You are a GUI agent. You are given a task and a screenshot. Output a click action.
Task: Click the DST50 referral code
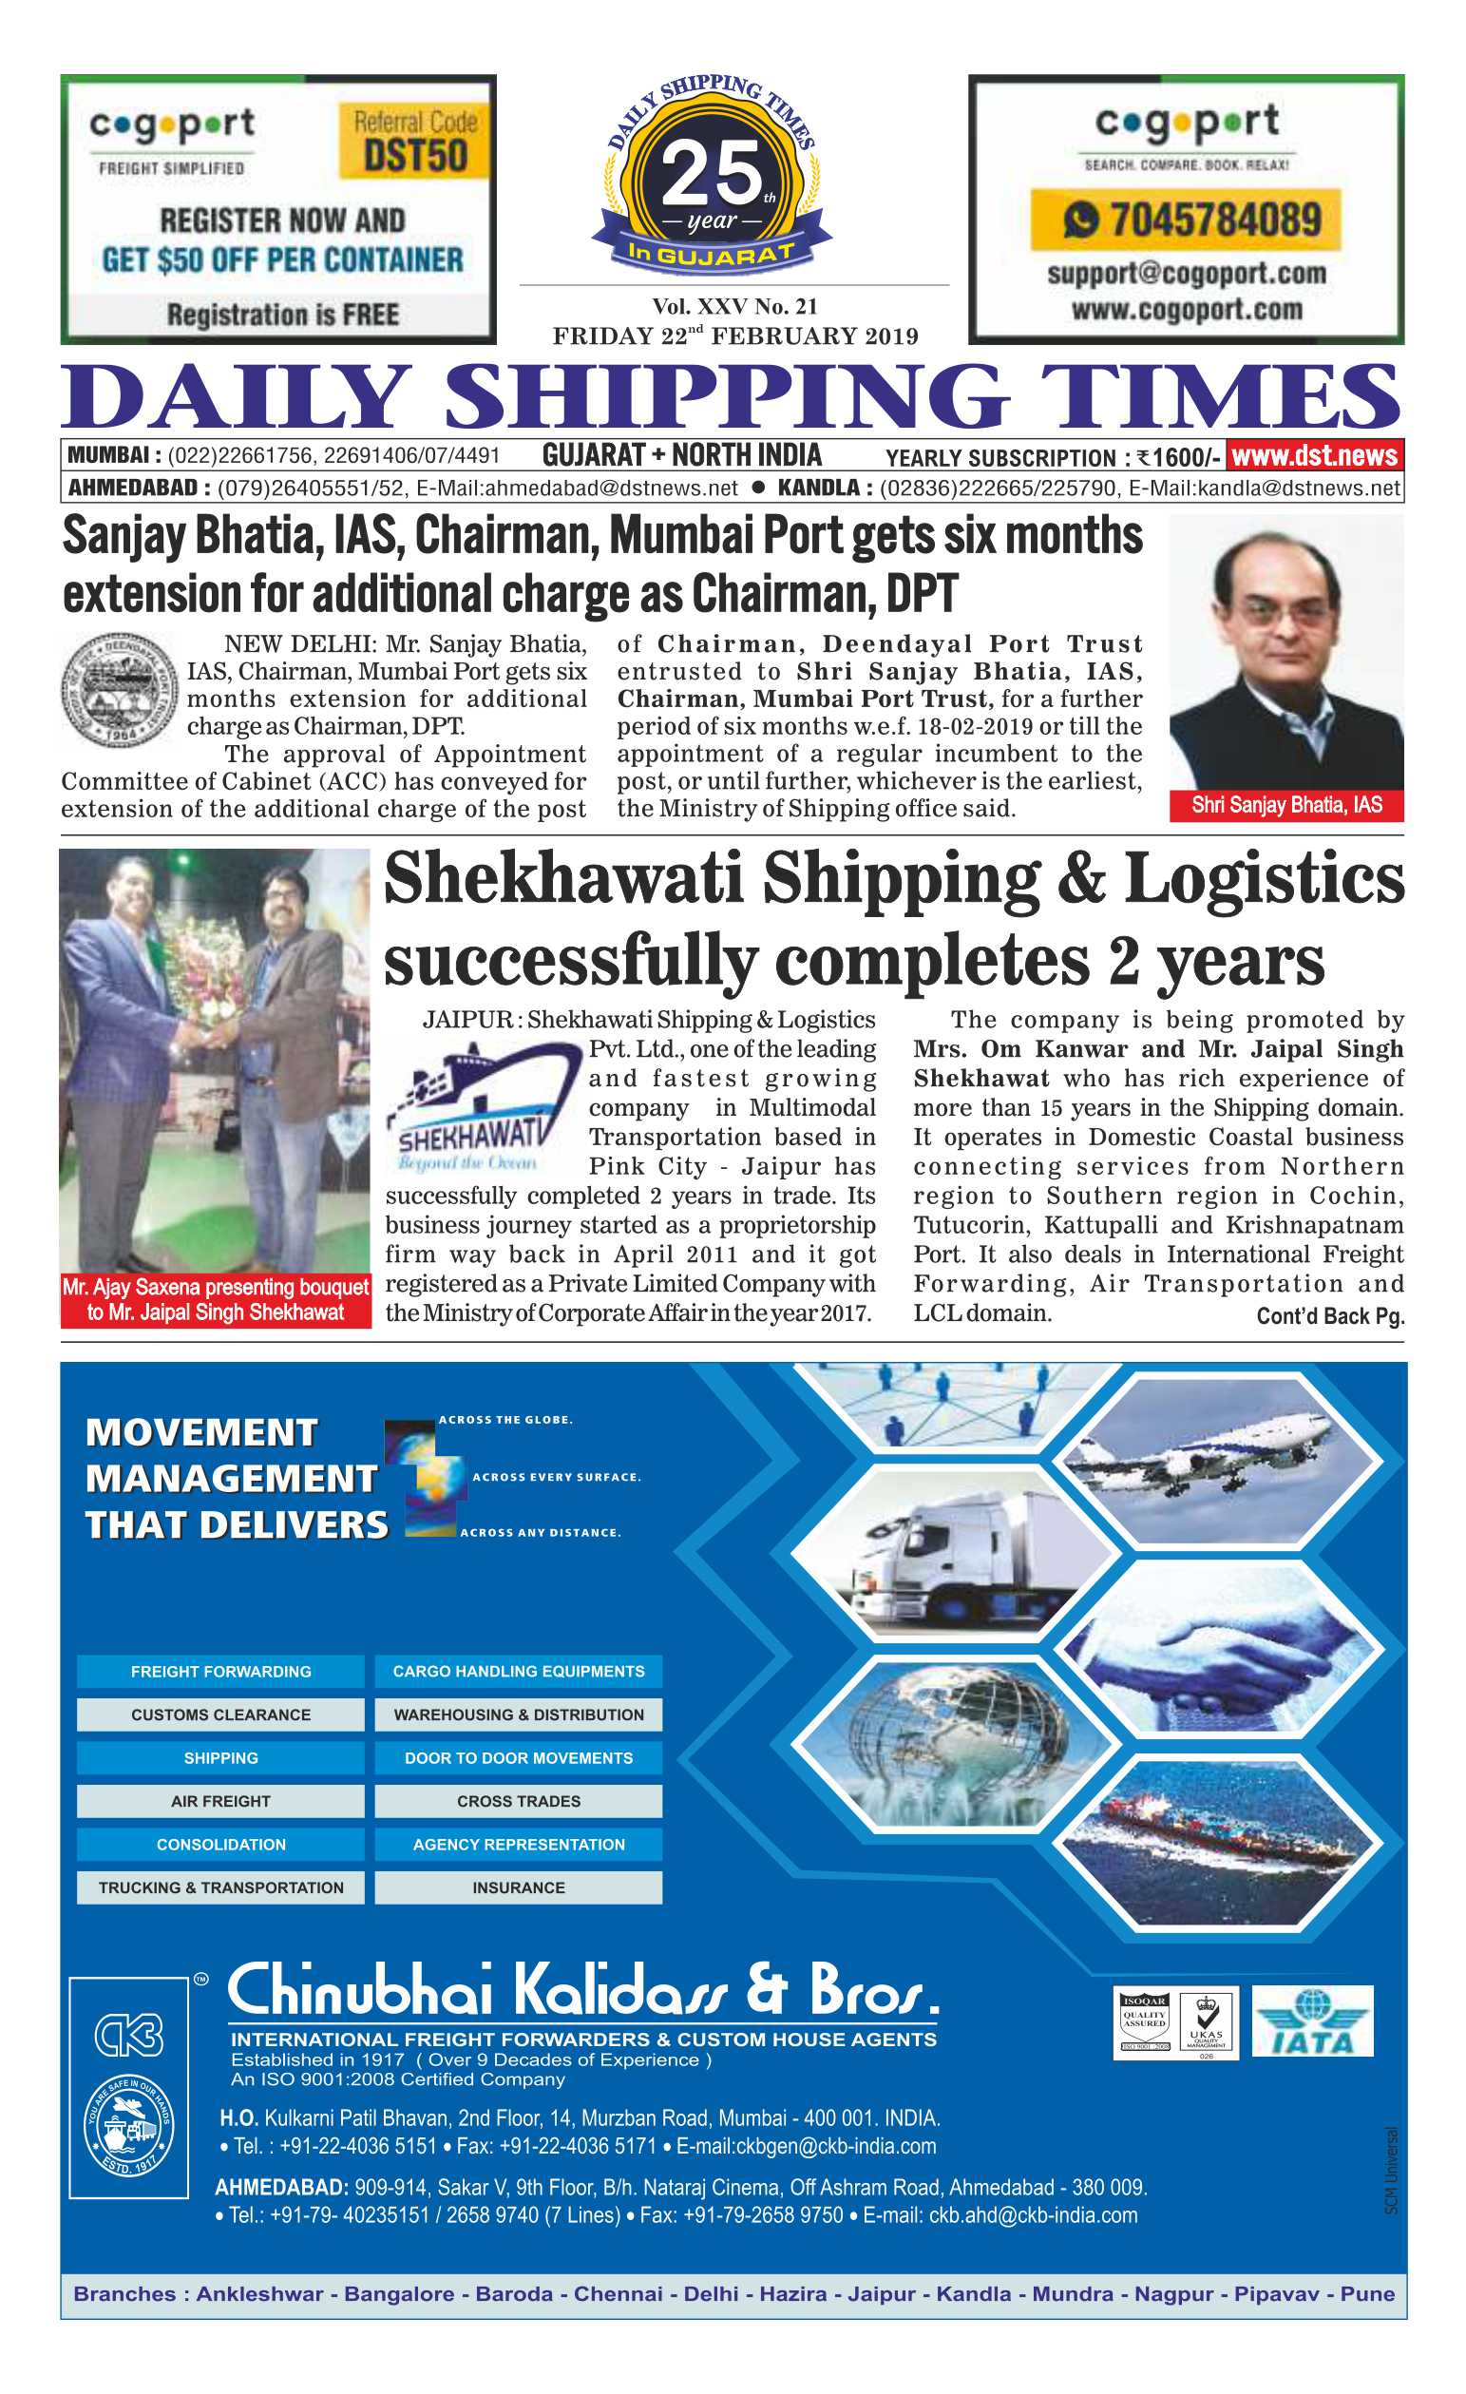(x=415, y=156)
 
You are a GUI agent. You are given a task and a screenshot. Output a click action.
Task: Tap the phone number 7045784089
(x=1214, y=220)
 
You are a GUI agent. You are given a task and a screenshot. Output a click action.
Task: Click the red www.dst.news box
(x=1313, y=455)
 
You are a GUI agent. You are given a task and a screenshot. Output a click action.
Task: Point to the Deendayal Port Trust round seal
(x=119, y=689)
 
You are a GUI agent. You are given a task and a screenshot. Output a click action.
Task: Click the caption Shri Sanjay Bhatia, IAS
(x=1285, y=804)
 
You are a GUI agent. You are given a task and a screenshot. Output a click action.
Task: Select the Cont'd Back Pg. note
(x=1329, y=1315)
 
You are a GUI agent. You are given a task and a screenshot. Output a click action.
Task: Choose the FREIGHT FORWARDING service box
(x=220, y=1671)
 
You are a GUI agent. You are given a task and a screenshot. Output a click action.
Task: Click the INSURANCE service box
(x=518, y=1886)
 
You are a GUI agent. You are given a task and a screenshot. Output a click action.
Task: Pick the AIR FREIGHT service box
(x=220, y=1800)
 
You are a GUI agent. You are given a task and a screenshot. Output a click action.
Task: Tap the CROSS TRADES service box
(x=518, y=1800)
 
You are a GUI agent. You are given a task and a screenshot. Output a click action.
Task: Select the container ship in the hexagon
(x=1224, y=1841)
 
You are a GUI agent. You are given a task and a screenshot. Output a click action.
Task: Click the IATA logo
(x=1311, y=2021)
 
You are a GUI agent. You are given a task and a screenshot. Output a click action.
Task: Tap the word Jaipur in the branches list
(x=881, y=2294)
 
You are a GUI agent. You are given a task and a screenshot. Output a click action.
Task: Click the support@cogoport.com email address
(x=1187, y=274)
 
